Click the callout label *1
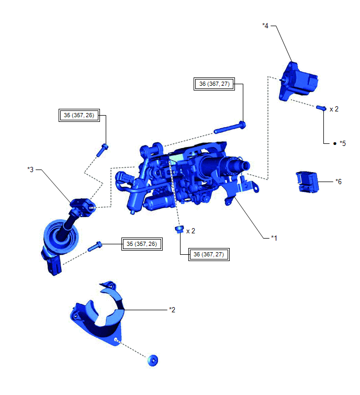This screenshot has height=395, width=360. click(x=274, y=238)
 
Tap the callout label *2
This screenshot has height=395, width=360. click(x=172, y=310)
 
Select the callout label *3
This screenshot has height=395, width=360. click(x=30, y=170)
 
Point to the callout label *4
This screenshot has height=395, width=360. click(x=265, y=26)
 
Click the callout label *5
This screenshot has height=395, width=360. click(x=343, y=143)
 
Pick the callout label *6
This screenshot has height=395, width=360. click(x=339, y=182)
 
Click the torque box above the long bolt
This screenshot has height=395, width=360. click(x=214, y=84)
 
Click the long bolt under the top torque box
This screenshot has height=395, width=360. click(x=230, y=128)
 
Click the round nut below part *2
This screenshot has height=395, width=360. click(x=153, y=360)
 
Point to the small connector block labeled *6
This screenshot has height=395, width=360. click(x=307, y=182)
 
